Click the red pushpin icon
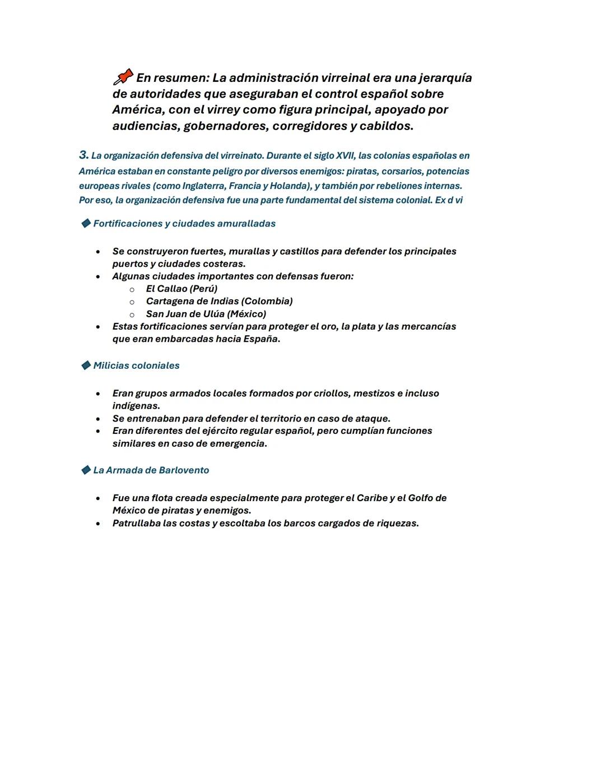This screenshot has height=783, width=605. [x=123, y=77]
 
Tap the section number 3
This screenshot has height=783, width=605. [x=83, y=155]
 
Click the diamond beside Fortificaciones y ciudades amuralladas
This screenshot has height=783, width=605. [x=86, y=224]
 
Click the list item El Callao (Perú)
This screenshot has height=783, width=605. [x=182, y=289]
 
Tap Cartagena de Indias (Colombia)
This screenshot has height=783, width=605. [x=219, y=302]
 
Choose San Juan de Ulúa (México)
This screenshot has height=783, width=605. [x=206, y=314]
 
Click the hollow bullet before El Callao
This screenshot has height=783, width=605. [x=132, y=290]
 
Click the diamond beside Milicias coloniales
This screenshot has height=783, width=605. [x=86, y=365]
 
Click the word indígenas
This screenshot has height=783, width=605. [x=135, y=406]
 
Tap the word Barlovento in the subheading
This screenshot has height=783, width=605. [x=182, y=470]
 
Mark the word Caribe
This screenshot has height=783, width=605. [x=373, y=498]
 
